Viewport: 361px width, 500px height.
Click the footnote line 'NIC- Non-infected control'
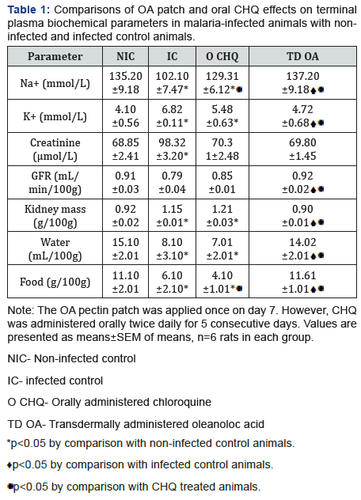pos(70,358)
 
